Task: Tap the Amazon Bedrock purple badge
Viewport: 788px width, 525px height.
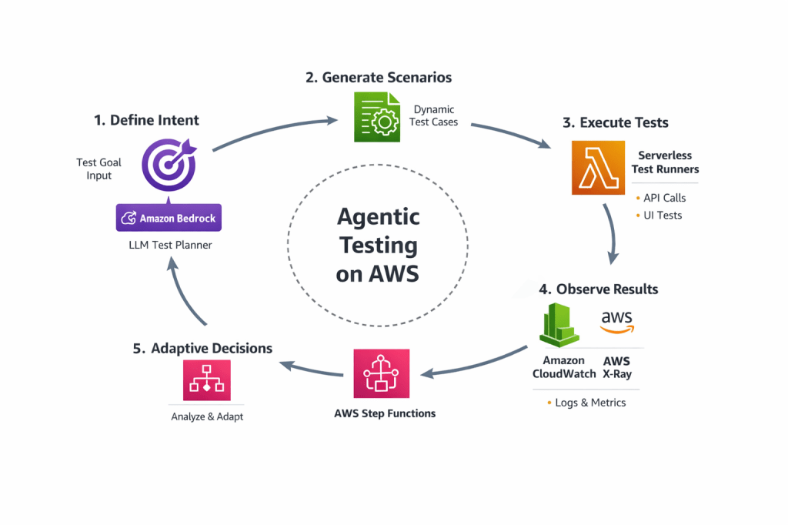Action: pyautogui.click(x=168, y=219)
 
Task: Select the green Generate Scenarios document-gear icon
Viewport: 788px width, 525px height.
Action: pyautogui.click(x=376, y=117)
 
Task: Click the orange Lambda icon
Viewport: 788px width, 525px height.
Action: pyautogui.click(x=598, y=168)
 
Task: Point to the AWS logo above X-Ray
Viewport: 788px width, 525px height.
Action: pyautogui.click(x=616, y=322)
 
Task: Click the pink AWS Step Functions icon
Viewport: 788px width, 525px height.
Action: pyautogui.click(x=382, y=375)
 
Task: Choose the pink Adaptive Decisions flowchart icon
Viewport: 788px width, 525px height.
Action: pyautogui.click(x=206, y=380)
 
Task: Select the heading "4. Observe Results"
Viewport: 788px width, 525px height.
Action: pyautogui.click(x=598, y=289)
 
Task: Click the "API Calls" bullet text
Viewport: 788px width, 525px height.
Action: pyautogui.click(x=664, y=198)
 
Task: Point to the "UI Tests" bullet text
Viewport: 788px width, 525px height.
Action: pyautogui.click(x=663, y=216)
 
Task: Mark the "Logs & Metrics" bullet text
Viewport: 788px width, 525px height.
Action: pyautogui.click(x=590, y=403)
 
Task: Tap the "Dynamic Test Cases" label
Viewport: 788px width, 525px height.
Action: pyautogui.click(x=434, y=115)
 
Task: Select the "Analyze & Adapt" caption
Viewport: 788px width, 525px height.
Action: pyautogui.click(x=206, y=417)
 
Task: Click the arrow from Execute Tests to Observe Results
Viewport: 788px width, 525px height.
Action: pyautogui.click(x=613, y=231)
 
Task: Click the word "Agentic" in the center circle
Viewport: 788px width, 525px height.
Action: pyautogui.click(x=378, y=216)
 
